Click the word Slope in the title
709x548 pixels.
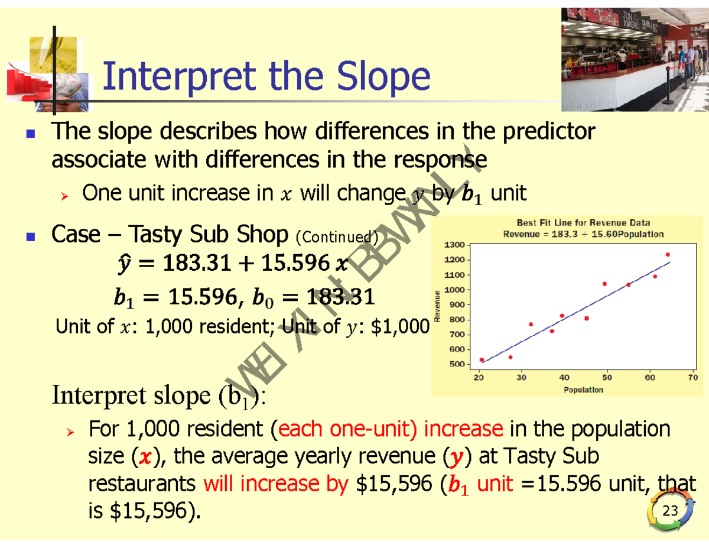383,77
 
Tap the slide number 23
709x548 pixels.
670,511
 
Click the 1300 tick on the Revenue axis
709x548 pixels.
454,245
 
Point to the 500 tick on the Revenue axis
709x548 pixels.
457,364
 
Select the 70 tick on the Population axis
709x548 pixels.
693,378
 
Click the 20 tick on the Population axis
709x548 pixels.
479,378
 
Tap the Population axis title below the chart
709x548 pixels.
583,390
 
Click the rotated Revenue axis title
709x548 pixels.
437,306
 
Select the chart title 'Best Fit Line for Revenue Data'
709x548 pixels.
583,223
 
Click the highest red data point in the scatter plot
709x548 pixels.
668,255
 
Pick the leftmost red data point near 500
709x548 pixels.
482,359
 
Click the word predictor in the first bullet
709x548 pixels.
548,132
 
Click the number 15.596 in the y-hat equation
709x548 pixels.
295,262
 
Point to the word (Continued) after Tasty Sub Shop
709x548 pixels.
337,237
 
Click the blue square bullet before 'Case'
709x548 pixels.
31,236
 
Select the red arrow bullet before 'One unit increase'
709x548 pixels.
64,196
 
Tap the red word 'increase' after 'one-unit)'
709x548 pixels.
463,429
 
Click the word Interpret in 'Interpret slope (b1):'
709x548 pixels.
99,395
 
